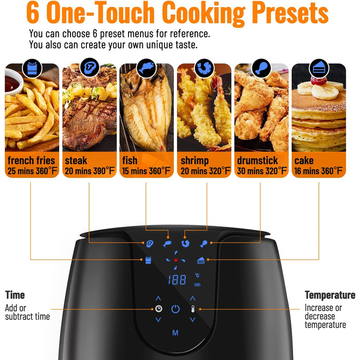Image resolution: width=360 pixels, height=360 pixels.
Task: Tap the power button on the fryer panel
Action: pyautogui.click(x=175, y=309)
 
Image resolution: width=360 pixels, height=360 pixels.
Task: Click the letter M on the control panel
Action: pyautogui.click(x=175, y=333)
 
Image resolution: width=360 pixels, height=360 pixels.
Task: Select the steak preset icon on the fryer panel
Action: pyautogui.click(x=150, y=243)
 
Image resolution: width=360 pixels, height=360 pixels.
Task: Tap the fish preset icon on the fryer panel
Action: pyautogui.click(x=167, y=244)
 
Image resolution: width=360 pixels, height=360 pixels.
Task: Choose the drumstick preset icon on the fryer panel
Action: pyautogui.click(x=204, y=244)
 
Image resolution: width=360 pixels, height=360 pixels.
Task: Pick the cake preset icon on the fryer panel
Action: pyautogui.click(x=201, y=260)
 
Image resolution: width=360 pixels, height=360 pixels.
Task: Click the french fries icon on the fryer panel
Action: pyautogui.click(x=148, y=260)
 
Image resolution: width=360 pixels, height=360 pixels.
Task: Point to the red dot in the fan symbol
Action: pyautogui.click(x=176, y=260)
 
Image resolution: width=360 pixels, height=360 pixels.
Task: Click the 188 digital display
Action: pyautogui.click(x=177, y=280)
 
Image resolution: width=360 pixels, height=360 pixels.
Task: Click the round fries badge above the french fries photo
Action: pyautogui.click(x=32, y=68)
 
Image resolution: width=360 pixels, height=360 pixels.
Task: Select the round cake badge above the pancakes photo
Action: pyautogui.click(x=319, y=68)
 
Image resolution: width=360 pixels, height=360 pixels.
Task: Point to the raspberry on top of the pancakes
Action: pyautogui.click(x=319, y=81)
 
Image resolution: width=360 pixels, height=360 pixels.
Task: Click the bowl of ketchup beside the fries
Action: pyautogui.click(x=13, y=83)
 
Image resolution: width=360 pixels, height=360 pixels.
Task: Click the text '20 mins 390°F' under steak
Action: pyautogui.click(x=89, y=171)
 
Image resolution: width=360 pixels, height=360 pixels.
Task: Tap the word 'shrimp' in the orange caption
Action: pyautogui.click(x=194, y=160)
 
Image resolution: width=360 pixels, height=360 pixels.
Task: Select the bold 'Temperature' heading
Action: pyautogui.click(x=330, y=295)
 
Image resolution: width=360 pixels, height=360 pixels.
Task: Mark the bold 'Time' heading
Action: pyautogui.click(x=15, y=295)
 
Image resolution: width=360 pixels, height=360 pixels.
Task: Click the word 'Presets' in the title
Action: pyautogui.click(x=290, y=12)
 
